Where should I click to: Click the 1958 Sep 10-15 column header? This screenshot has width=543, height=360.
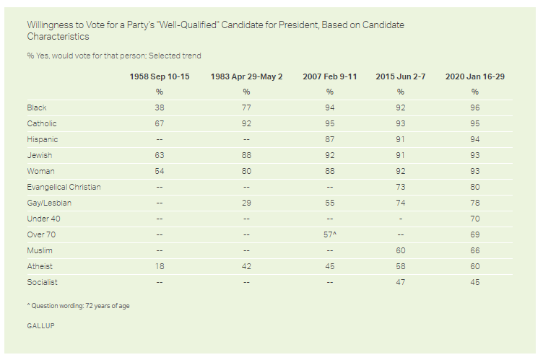pos(160,76)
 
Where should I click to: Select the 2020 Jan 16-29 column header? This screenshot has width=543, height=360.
pos(475,76)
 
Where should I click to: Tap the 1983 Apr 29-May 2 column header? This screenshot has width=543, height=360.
pos(246,76)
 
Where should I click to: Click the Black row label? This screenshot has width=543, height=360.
pos(37,107)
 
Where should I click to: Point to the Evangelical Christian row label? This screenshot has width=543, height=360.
pos(64,187)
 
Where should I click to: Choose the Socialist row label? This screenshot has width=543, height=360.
pos(43,282)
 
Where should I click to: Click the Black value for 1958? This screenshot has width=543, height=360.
pos(160,107)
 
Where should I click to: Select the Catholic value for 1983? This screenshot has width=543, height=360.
pos(246,123)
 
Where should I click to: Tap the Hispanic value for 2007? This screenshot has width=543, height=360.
pos(330,139)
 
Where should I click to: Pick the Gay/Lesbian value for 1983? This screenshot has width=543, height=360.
pos(246,203)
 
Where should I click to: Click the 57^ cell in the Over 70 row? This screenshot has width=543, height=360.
pos(330,234)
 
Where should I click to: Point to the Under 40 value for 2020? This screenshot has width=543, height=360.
pos(475,219)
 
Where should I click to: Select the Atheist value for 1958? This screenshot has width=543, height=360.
pos(160,266)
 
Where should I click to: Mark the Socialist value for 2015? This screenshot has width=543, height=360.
pos(400,282)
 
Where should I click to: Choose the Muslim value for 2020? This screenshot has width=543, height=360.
pos(475,250)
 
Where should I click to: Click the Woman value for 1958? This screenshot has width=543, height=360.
pos(160,171)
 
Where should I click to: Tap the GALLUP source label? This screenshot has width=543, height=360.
pos(41,325)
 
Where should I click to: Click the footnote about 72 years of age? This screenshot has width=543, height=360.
pos(78,306)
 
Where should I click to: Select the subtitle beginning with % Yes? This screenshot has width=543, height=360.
pos(114,56)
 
